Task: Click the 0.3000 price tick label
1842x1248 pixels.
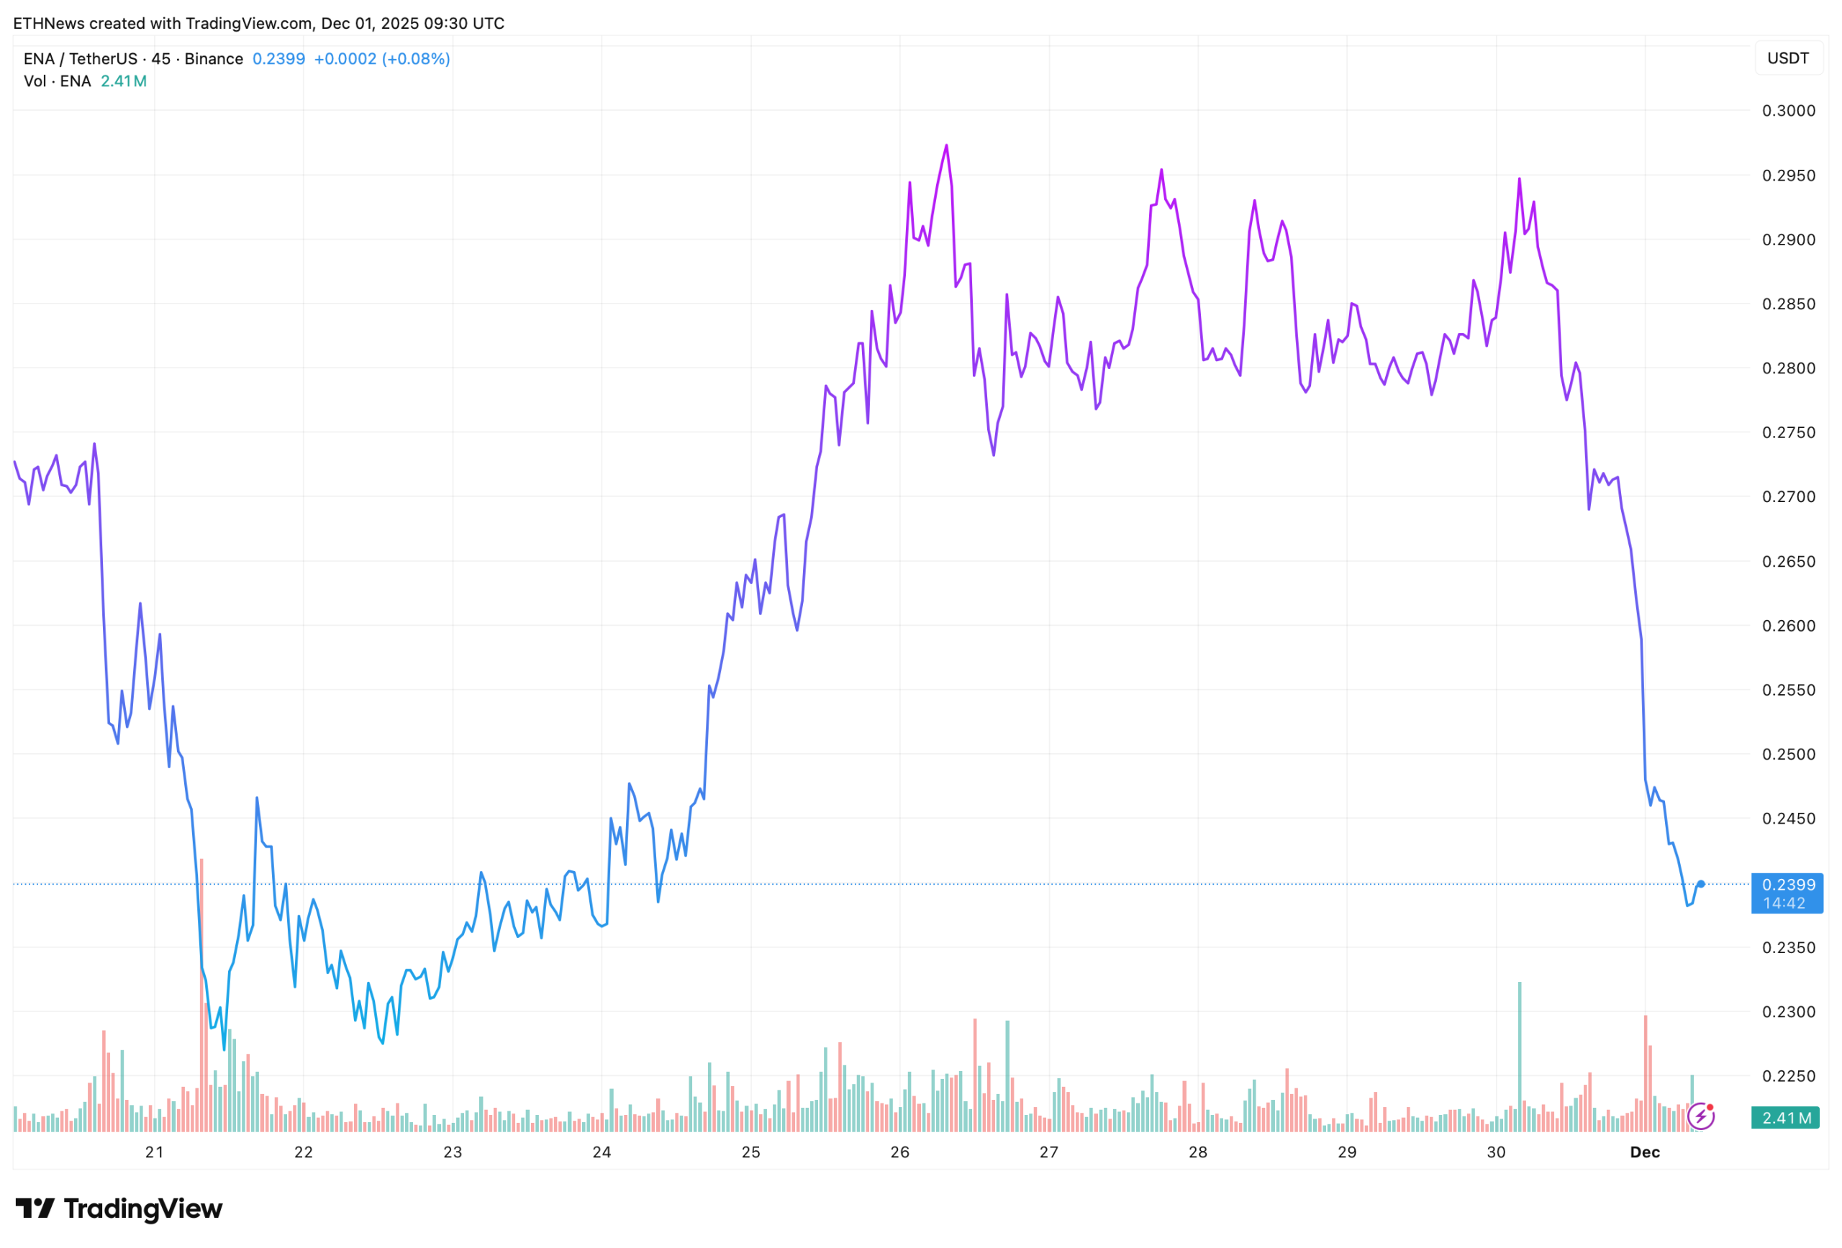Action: click(1788, 111)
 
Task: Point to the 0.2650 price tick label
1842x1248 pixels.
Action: click(1788, 562)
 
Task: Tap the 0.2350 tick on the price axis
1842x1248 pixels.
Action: click(1788, 947)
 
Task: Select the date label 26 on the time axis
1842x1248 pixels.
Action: click(899, 1152)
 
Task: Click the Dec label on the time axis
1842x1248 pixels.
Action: click(1645, 1152)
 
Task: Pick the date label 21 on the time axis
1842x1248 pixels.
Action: click(155, 1152)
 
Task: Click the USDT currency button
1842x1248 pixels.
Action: click(1788, 59)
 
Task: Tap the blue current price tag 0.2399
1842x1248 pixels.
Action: click(1787, 893)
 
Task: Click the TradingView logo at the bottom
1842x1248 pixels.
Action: click(119, 1208)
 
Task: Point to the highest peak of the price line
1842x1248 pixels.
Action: click(946, 146)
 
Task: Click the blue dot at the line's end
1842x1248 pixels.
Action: click(1701, 884)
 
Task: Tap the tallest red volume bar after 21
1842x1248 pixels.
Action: click(202, 990)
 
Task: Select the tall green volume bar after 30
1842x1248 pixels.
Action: click(1520, 1054)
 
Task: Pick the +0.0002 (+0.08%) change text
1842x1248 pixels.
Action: click(382, 59)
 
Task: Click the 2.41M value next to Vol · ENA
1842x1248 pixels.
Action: click(124, 81)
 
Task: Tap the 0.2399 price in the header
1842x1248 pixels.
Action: click(279, 59)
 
